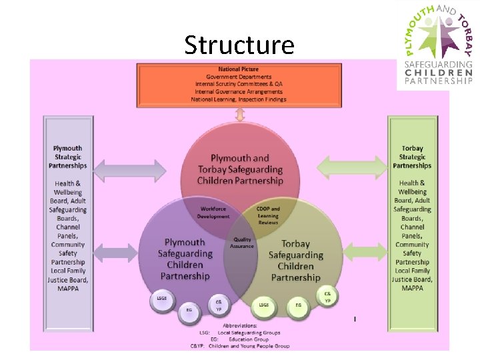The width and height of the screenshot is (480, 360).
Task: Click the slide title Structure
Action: click(239, 45)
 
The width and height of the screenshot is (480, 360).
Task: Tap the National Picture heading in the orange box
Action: click(238, 69)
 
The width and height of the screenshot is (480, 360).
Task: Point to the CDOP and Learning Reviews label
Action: click(268, 215)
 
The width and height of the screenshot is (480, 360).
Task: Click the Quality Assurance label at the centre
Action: click(241, 243)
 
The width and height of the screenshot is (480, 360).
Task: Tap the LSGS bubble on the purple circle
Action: click(161, 299)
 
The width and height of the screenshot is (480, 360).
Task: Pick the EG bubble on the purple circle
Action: click(189, 309)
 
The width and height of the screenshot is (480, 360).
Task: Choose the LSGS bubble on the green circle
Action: click(264, 305)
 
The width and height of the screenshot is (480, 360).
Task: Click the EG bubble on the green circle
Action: click(298, 305)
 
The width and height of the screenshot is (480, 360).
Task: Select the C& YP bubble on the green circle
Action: click(327, 296)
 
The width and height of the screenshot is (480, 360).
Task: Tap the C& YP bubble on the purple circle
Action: click(218, 304)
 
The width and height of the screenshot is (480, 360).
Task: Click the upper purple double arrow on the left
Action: click(130, 170)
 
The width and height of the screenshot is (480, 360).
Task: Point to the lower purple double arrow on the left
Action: click(130, 251)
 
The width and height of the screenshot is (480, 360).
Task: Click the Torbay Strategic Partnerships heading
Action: click(412, 157)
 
